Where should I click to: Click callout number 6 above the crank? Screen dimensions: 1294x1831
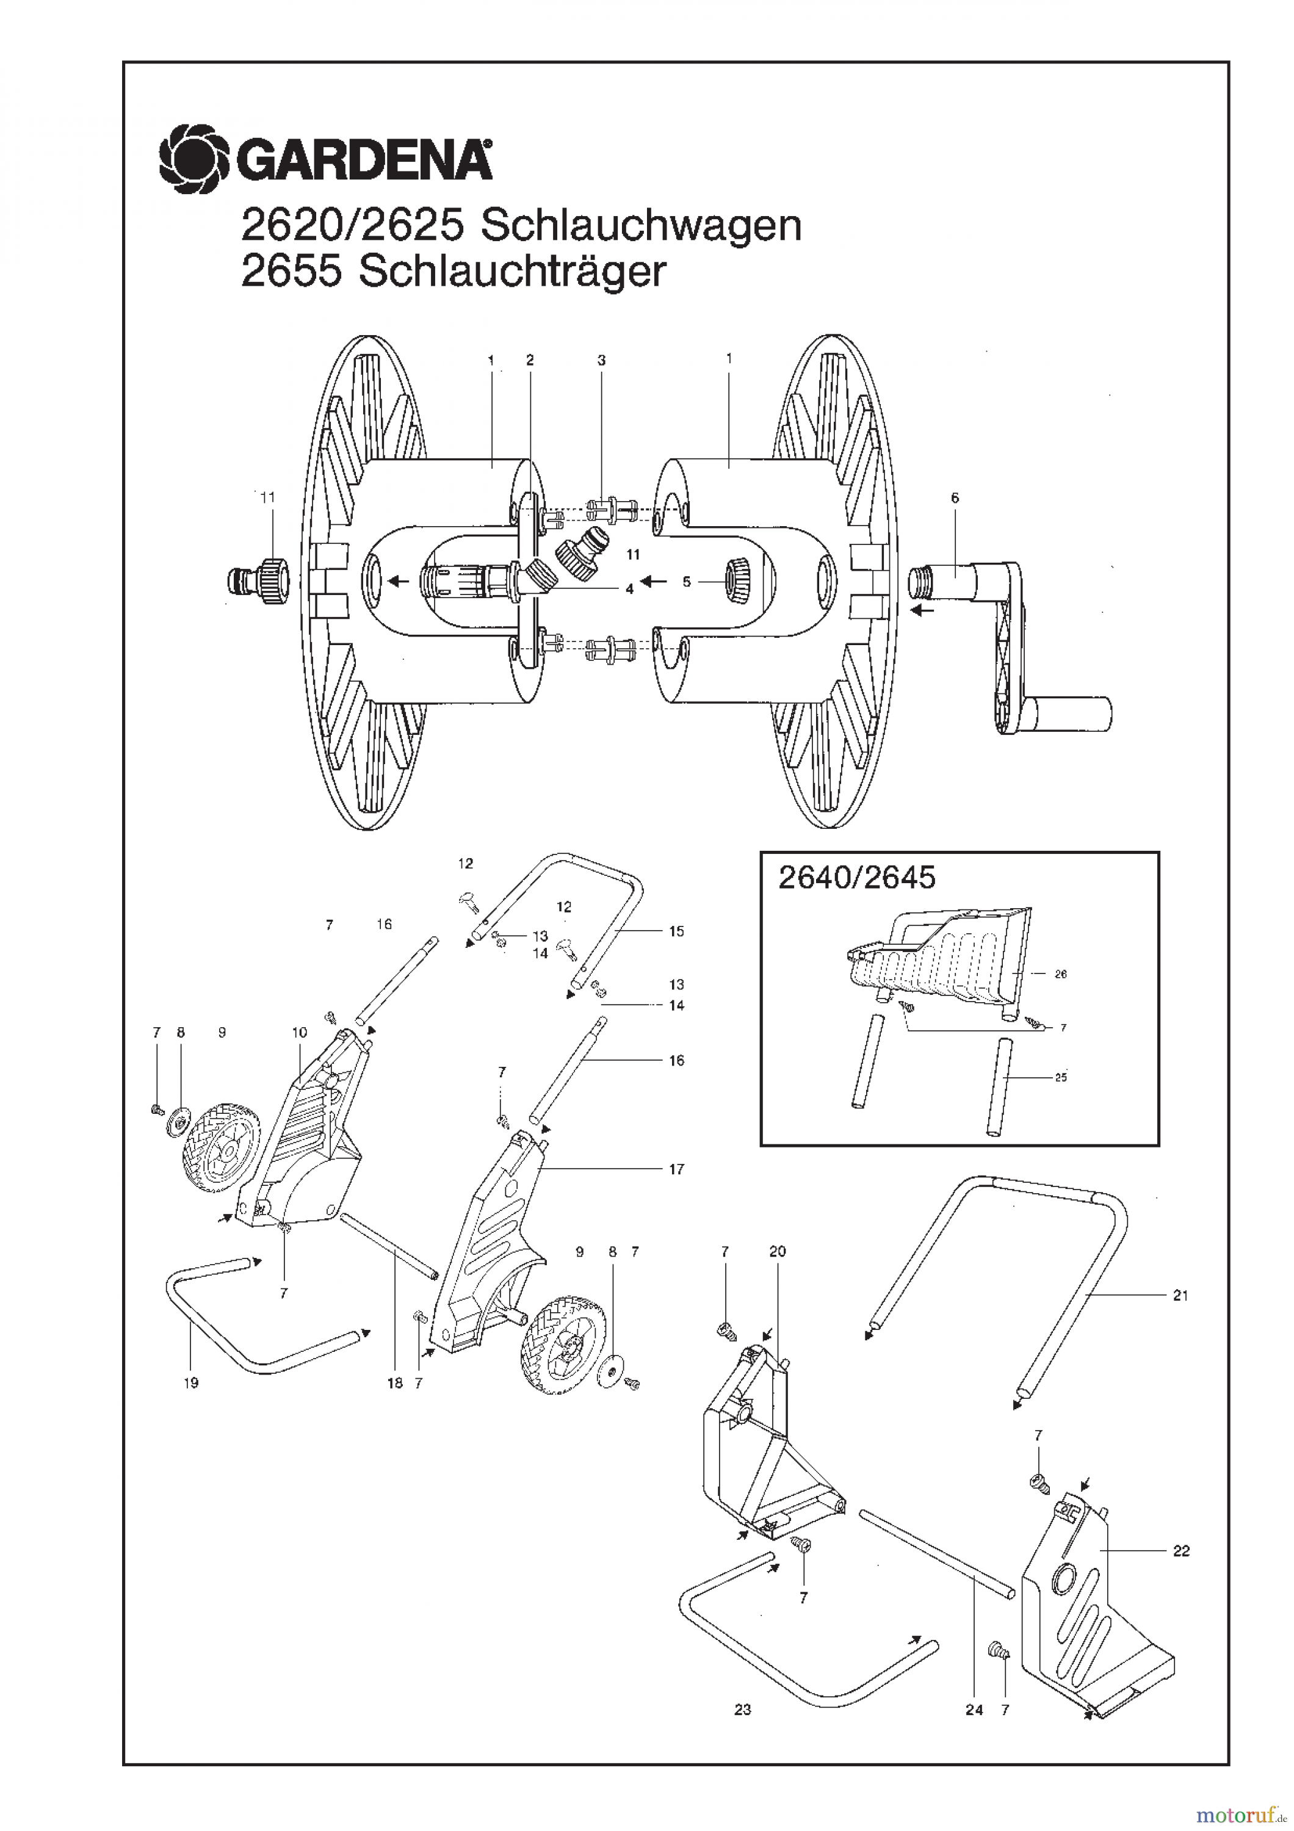955,499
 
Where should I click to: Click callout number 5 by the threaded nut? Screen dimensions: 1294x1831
687,582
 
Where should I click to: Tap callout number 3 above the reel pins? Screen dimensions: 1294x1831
601,361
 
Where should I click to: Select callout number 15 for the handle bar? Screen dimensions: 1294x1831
676,931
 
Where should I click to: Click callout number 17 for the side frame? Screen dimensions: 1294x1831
676,1170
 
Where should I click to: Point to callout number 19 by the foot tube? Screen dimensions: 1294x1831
190,1384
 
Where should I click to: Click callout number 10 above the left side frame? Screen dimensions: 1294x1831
299,1033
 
